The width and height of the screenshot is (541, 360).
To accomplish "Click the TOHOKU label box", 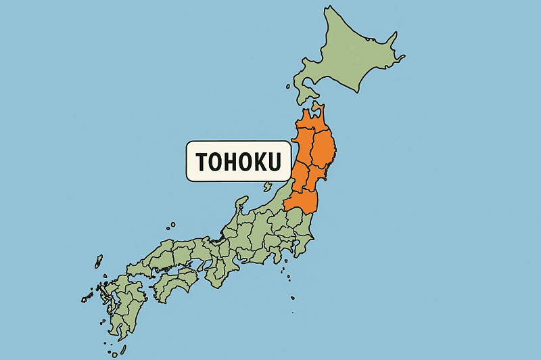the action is [x=238, y=161].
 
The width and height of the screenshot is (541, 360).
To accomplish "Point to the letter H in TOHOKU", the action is [x=231, y=162].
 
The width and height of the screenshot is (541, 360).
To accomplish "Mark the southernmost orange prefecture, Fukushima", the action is [x=303, y=200].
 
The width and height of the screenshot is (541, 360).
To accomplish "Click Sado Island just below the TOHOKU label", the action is [x=268, y=186].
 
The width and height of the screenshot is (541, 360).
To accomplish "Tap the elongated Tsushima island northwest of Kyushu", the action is [x=99, y=261].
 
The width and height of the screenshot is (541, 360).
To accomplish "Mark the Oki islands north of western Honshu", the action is [x=172, y=225].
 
